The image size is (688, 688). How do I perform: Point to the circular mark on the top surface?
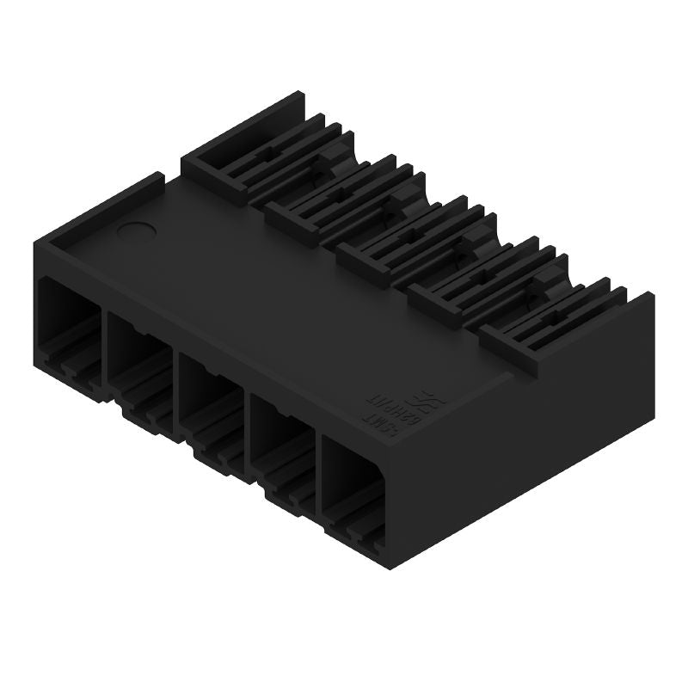(x=134, y=230)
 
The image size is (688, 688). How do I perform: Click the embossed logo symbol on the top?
(x=423, y=401)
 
